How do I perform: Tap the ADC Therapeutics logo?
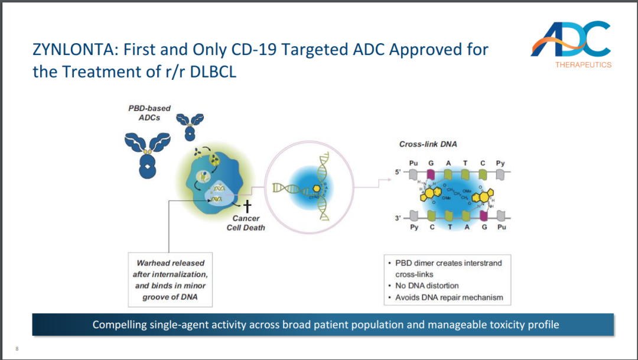pyautogui.click(x=571, y=44)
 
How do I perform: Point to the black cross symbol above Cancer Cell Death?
pyautogui.click(x=248, y=206)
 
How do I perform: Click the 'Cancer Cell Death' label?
pyautogui.click(x=246, y=223)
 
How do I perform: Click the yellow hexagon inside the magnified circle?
pyautogui.click(x=316, y=188)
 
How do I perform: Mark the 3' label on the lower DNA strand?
pyautogui.click(x=398, y=218)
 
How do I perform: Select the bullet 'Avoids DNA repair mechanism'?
pyautogui.click(x=449, y=297)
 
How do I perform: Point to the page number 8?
pyautogui.click(x=17, y=348)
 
